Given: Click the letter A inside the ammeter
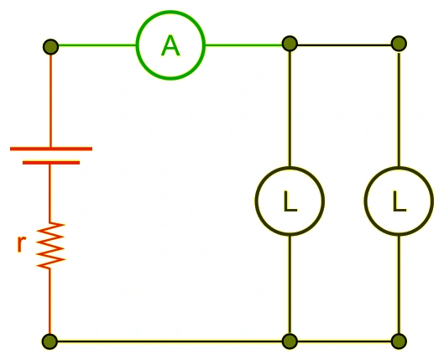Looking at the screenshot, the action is click(170, 46).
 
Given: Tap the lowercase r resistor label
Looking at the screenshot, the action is click(21, 243).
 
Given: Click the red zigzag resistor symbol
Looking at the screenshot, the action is click(50, 245).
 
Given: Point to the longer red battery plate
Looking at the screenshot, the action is click(51, 149).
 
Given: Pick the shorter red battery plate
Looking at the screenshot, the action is click(51, 163).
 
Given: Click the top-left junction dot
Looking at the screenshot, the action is click(50, 47).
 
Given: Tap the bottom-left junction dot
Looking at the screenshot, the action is click(50, 342).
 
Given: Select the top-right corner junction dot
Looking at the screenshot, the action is click(399, 44).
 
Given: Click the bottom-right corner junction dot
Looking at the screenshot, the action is click(399, 342).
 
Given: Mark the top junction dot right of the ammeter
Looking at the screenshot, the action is click(290, 44).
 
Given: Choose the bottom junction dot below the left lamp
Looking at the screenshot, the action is click(290, 342).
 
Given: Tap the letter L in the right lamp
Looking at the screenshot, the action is click(400, 201).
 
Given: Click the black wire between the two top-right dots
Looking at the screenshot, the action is click(344, 45).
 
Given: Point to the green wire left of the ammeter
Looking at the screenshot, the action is click(97, 45).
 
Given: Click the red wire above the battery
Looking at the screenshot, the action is click(50, 101).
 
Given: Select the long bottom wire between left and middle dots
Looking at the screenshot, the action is click(170, 342).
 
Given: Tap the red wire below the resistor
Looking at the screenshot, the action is click(50, 301).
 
